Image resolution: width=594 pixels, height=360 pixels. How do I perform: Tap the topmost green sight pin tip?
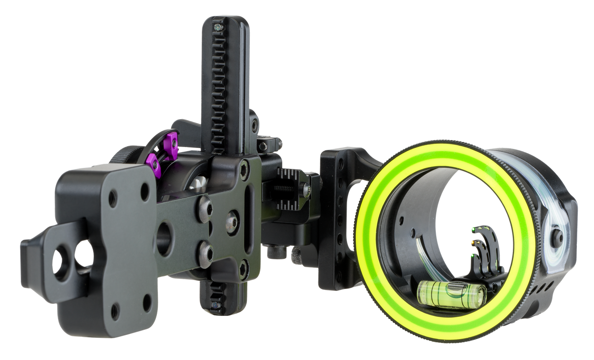472,228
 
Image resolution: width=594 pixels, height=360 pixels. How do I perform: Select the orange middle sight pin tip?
472,241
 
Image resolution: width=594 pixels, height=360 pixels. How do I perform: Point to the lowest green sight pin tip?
471,254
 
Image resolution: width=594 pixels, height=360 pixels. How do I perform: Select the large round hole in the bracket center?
164,239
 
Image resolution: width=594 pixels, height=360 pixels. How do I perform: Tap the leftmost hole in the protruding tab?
61,262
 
